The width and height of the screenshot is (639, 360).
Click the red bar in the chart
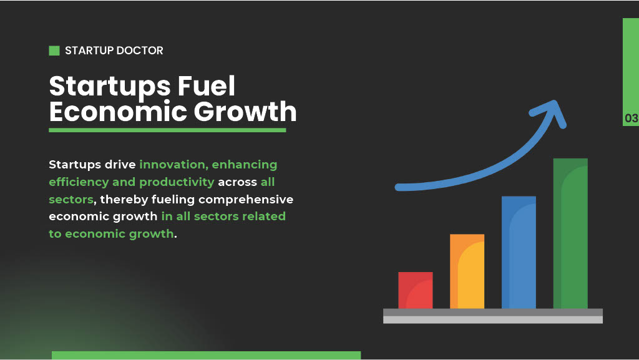(x=415, y=290)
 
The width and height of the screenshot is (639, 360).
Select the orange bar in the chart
(x=467, y=271)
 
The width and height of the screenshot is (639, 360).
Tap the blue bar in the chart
(x=519, y=253)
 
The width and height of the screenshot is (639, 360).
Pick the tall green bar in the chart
(x=570, y=234)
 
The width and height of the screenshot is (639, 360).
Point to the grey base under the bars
(x=493, y=316)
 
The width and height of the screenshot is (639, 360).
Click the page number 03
(x=632, y=119)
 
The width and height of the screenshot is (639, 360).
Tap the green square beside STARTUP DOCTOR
(x=54, y=51)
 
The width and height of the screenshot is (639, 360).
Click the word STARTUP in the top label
(x=89, y=51)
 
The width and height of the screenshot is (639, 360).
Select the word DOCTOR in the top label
(x=140, y=51)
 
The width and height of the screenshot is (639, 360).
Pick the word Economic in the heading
(x=119, y=112)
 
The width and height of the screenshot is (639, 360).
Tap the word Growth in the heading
(x=245, y=112)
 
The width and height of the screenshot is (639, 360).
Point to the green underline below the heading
(x=167, y=130)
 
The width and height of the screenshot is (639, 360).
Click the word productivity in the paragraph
(x=177, y=182)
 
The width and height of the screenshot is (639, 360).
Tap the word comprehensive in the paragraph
(x=246, y=200)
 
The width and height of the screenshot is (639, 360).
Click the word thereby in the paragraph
(x=124, y=200)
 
